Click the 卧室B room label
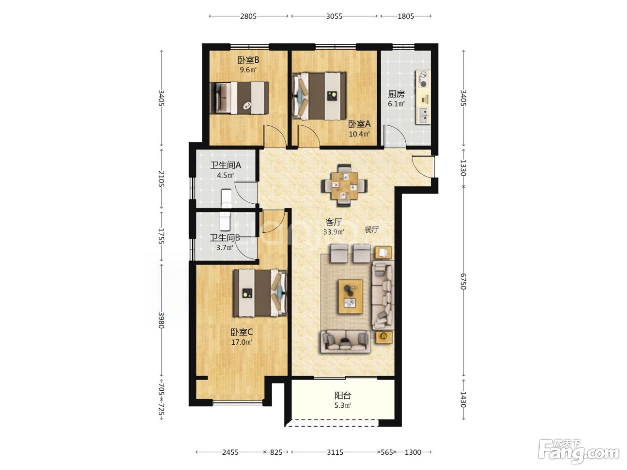[248, 60]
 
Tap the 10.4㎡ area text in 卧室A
[359, 133]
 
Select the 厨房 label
[396, 94]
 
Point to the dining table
[344, 186]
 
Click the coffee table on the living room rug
[351, 297]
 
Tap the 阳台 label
[343, 395]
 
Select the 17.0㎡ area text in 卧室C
[241, 342]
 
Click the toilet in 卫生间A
[227, 198]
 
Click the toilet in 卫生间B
[225, 221]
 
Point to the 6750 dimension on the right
[463, 281]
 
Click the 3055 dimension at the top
[334, 16]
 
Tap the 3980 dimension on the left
[161, 320]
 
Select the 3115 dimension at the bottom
[335, 452]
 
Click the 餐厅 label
[372, 230]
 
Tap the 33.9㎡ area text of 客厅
[333, 232]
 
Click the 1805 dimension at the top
[406, 16]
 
